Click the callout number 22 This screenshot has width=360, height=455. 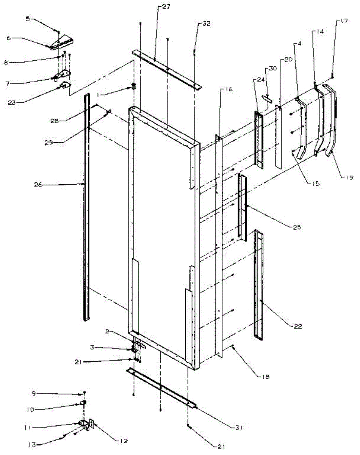pyautogui.click(x=298, y=326)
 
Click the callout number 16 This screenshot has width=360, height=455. pyautogui.click(x=227, y=89)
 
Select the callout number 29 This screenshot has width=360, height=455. pyautogui.click(x=57, y=143)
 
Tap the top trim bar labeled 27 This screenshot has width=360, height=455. pyautogui.click(x=167, y=69)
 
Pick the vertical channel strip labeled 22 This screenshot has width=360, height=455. pyautogui.click(x=259, y=284)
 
